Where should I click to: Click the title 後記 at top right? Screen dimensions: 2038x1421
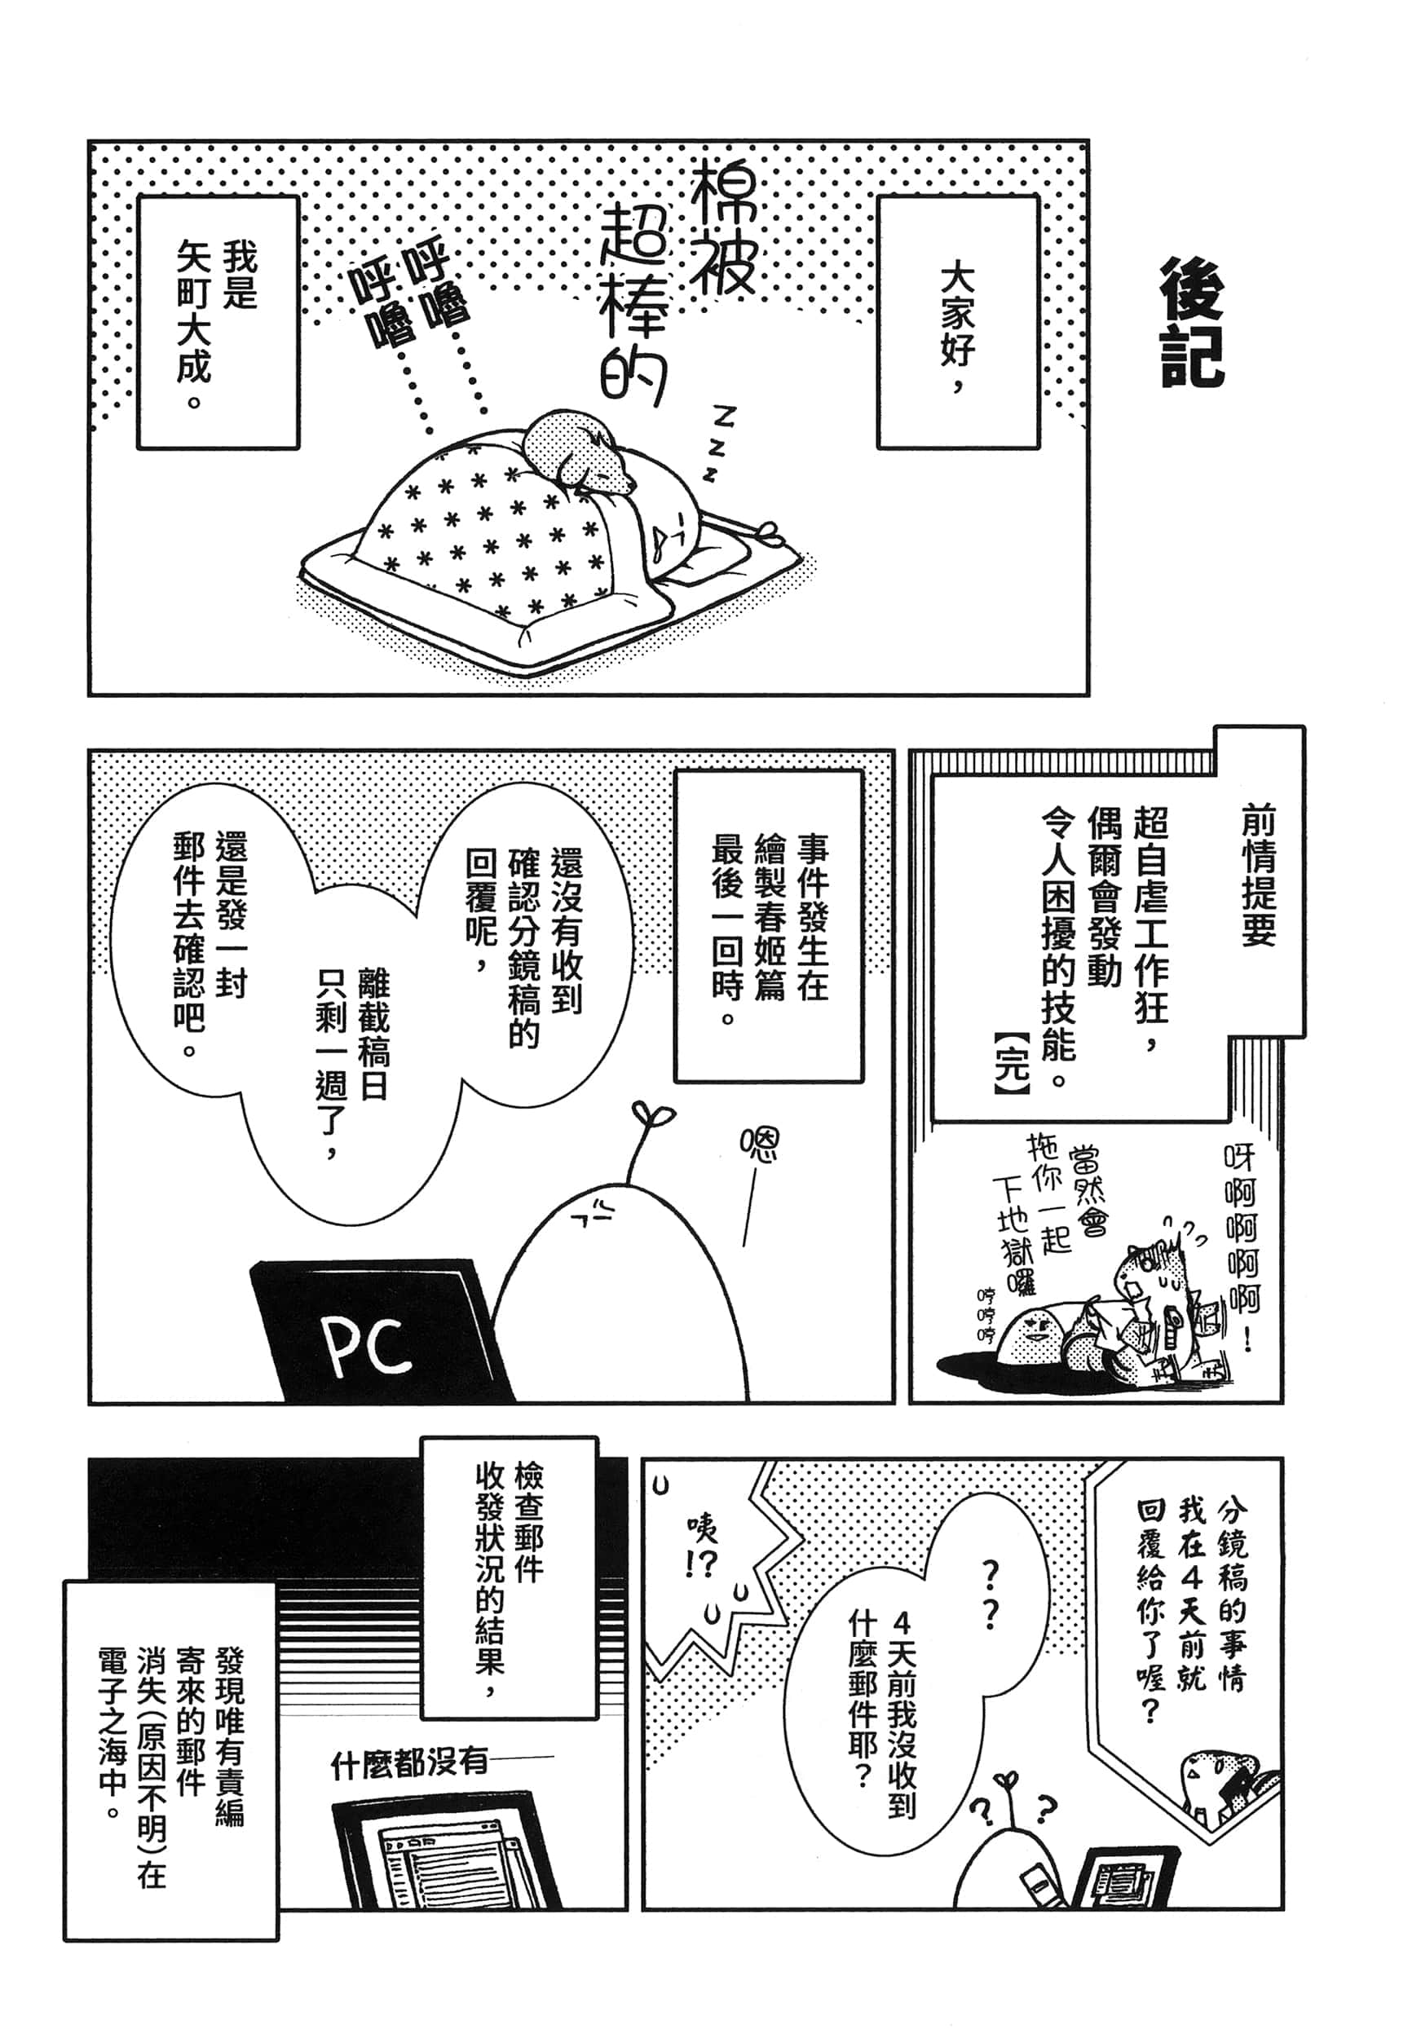pyautogui.click(x=1191, y=324)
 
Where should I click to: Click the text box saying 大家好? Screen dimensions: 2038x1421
pyautogui.click(x=957, y=323)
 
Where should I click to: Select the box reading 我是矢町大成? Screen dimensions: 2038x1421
pyautogui.click(x=218, y=323)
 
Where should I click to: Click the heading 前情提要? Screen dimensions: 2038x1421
pyautogui.click(x=1258, y=875)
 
